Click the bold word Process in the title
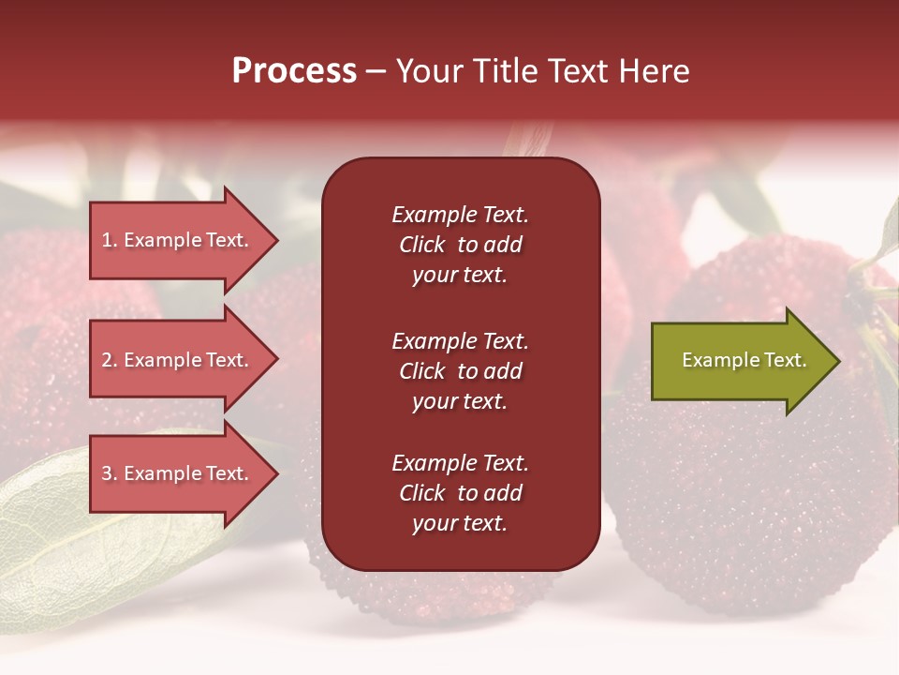tap(294, 71)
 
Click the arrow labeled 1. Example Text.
tap(178, 240)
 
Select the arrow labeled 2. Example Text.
tap(178, 360)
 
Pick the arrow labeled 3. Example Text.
tap(178, 473)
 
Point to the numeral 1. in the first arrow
tap(110, 240)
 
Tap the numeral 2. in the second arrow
tap(110, 360)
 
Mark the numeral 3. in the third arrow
tap(110, 473)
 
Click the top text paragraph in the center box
tap(460, 245)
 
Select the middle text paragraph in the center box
tap(460, 371)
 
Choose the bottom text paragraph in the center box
tap(460, 493)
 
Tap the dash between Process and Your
tap(376, 72)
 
